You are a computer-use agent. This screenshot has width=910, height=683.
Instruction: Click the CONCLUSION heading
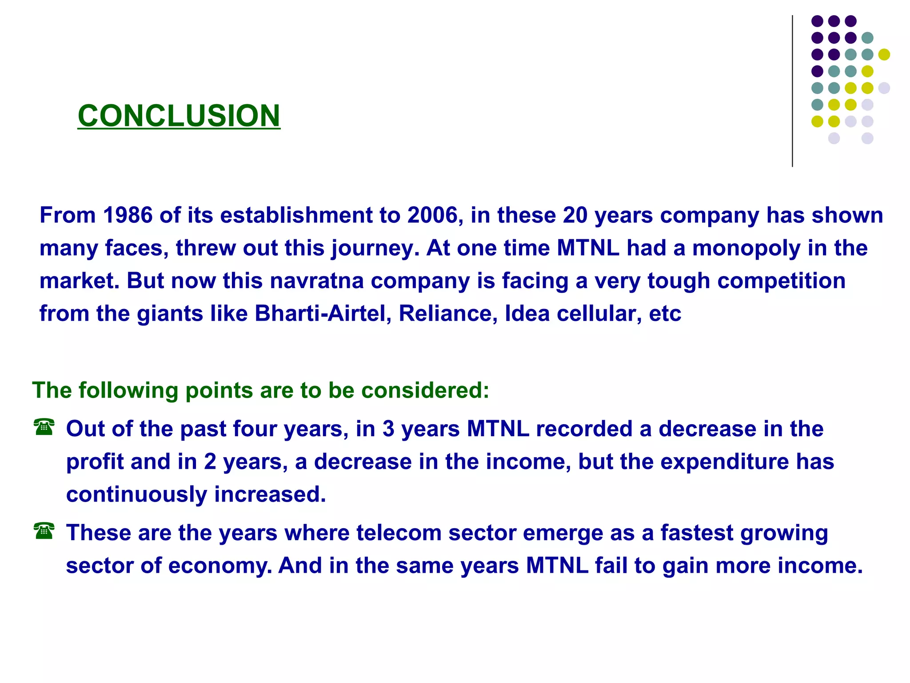tap(179, 116)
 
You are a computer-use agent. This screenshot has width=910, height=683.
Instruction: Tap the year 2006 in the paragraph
tap(433, 215)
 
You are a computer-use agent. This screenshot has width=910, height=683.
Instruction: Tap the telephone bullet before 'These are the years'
tap(44, 531)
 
